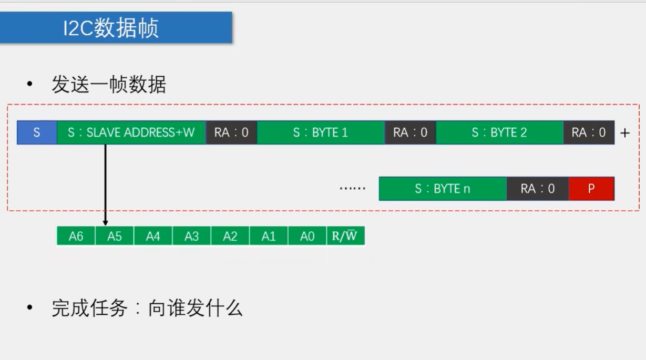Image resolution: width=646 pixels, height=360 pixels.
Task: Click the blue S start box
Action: [37, 132]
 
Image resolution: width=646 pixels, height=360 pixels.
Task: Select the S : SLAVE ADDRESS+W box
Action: [131, 132]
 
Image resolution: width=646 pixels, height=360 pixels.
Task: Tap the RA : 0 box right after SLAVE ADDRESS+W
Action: [231, 132]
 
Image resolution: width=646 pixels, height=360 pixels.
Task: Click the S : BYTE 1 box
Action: [321, 132]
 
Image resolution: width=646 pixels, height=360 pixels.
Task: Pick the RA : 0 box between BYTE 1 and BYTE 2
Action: [410, 132]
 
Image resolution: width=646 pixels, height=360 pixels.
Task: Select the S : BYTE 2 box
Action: [499, 132]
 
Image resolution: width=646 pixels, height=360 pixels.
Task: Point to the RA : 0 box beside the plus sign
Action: [589, 132]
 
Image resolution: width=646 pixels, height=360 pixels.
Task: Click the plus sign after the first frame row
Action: [624, 133]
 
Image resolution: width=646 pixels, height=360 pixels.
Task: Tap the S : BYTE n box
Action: [443, 189]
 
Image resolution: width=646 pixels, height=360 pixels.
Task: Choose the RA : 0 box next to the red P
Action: [538, 189]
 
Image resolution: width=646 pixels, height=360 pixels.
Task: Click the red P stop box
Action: [591, 189]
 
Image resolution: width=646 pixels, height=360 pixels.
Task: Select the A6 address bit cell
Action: [76, 236]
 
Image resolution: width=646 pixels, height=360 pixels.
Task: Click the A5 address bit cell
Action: [115, 236]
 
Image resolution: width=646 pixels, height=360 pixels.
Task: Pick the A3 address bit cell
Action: [192, 236]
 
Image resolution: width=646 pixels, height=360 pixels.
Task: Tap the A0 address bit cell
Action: [307, 236]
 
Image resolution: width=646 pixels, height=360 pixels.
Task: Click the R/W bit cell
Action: [345, 236]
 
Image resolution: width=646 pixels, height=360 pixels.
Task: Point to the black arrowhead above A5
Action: [106, 223]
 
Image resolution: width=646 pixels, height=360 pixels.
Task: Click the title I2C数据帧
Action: [111, 28]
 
